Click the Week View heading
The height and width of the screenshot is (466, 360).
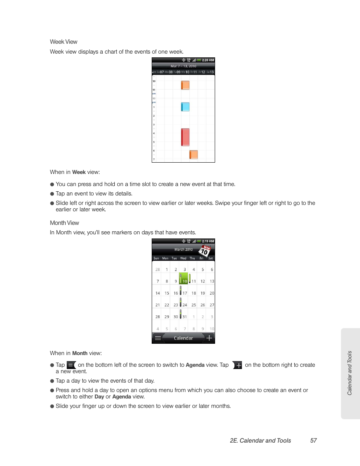coord(63,42)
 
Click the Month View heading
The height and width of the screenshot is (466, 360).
coord(65,223)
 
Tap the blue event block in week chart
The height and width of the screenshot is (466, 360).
coord(185,107)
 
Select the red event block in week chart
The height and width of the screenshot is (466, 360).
coord(185,137)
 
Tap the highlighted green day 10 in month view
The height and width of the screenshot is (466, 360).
coord(184,280)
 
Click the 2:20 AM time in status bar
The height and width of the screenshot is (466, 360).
coord(208,60)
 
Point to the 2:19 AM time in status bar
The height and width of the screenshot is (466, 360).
coord(208,241)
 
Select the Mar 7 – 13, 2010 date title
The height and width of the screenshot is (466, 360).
coord(183,66)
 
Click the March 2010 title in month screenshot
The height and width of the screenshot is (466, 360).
coord(183,249)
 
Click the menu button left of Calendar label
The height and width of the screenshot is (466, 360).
coord(158,338)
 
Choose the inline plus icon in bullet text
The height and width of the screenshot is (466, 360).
coord(238,365)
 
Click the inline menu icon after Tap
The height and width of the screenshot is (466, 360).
coord(71,365)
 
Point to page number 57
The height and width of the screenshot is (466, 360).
coord(313,441)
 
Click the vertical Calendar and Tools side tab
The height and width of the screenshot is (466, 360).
coord(350,373)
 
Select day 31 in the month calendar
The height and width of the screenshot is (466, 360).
coord(185,317)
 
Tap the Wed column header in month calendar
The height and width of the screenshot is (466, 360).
coord(183,258)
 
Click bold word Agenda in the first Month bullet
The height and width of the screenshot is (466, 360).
coord(195,365)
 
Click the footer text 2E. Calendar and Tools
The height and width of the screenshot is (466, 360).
coord(260,441)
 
